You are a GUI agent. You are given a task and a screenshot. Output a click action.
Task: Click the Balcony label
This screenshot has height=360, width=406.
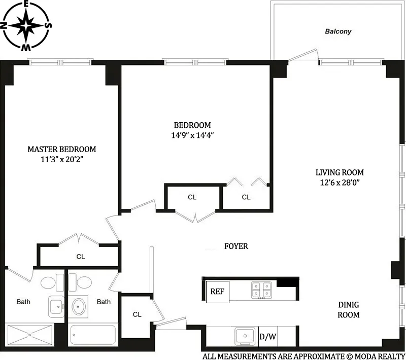[x=338, y=31]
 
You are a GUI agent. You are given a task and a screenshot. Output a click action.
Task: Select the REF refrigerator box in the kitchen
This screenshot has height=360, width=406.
[x=218, y=292]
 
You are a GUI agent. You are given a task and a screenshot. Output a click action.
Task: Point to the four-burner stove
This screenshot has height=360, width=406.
[x=261, y=291]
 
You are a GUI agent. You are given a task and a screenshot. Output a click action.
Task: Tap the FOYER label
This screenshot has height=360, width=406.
[x=236, y=246]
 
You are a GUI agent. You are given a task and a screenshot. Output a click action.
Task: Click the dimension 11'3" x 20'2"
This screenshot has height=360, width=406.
[x=61, y=159]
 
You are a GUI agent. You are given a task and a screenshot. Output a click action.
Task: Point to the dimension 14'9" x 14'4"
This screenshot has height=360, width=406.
[x=192, y=135]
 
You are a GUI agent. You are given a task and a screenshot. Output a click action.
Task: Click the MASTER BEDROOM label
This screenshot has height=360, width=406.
[x=61, y=149]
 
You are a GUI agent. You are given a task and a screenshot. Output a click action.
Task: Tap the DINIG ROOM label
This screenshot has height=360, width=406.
[x=349, y=310]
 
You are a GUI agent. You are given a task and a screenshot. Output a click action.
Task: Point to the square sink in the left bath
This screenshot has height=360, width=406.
[x=56, y=307]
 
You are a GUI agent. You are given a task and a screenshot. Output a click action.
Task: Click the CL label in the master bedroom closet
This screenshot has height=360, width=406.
[x=80, y=257]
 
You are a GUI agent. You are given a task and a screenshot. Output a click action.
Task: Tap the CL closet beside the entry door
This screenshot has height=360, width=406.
[x=137, y=314]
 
